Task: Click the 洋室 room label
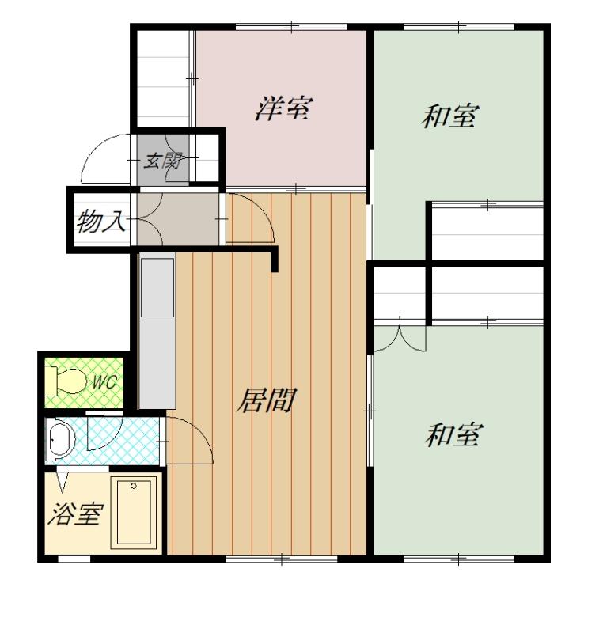(284, 108)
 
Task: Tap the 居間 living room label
(267, 400)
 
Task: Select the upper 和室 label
(450, 116)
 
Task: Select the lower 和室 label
(453, 434)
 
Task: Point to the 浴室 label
(74, 514)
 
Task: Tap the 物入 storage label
(100, 221)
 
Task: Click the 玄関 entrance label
(162, 161)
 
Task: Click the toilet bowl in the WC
(72, 381)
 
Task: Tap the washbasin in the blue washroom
(61, 440)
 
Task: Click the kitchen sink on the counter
(157, 287)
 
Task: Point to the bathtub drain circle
(134, 486)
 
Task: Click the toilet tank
(51, 381)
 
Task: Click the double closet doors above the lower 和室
(400, 335)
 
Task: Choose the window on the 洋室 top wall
(291, 27)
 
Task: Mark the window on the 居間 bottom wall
(281, 559)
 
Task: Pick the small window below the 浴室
(74, 559)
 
